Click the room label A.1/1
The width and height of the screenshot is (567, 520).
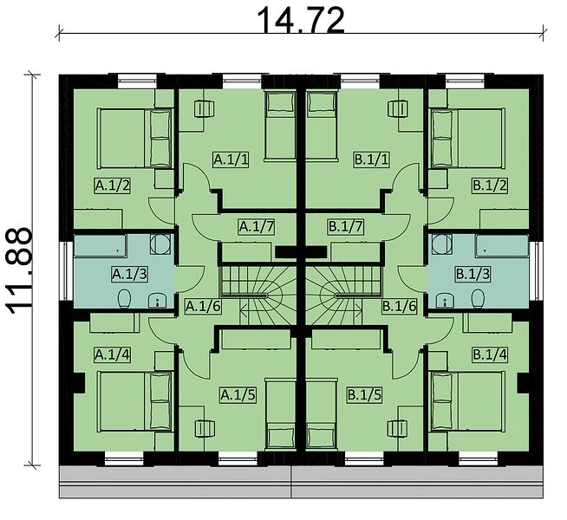[x=231, y=159]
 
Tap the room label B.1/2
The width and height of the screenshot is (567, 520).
[x=490, y=185]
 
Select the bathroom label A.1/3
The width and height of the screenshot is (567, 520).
[x=129, y=274]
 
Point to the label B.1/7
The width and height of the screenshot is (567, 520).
[x=345, y=227]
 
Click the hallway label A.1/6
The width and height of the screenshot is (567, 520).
[x=203, y=307]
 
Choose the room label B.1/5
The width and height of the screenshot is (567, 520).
[x=364, y=395]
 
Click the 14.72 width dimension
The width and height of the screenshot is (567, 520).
[x=300, y=21]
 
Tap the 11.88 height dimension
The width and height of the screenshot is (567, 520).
[x=19, y=271]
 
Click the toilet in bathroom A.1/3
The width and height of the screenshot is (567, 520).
[x=124, y=298]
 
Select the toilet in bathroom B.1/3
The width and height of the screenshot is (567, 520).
[x=478, y=298]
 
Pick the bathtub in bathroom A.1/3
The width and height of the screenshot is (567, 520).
[x=101, y=246]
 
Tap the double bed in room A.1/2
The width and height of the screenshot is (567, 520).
[x=134, y=139]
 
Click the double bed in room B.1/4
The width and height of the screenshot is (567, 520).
[x=467, y=401]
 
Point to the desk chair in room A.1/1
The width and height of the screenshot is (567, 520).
[x=205, y=109]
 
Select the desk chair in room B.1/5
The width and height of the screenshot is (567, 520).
[x=397, y=429]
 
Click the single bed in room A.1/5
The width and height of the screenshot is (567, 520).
[x=281, y=414]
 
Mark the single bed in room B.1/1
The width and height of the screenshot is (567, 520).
[x=322, y=125]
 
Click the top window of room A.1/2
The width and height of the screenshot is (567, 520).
[x=137, y=81]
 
